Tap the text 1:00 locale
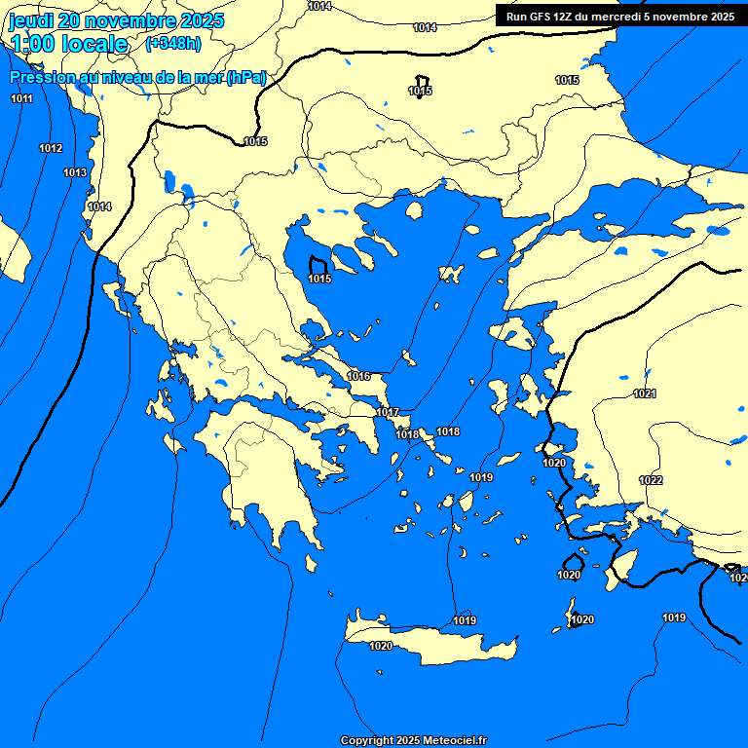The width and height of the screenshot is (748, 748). pyautogui.click(x=69, y=43)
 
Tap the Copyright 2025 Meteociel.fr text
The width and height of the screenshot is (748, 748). pyautogui.click(x=413, y=741)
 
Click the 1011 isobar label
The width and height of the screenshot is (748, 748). pyautogui.click(x=21, y=99)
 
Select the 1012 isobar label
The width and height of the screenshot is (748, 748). pyautogui.click(x=51, y=148)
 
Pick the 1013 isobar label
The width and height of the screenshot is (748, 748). pyautogui.click(x=75, y=172)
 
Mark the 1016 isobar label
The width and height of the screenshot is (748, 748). pyautogui.click(x=358, y=376)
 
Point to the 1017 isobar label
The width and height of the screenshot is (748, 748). pyautogui.click(x=388, y=412)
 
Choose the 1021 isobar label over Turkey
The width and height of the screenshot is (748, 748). pyautogui.click(x=645, y=393)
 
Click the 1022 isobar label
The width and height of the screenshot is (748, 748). pyautogui.click(x=651, y=480)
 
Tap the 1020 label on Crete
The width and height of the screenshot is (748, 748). pyautogui.click(x=381, y=646)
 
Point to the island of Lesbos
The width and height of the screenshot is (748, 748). pyautogui.click(x=517, y=336)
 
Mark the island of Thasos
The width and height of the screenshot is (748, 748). pyautogui.click(x=414, y=210)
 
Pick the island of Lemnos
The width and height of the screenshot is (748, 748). pyautogui.click(x=451, y=274)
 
